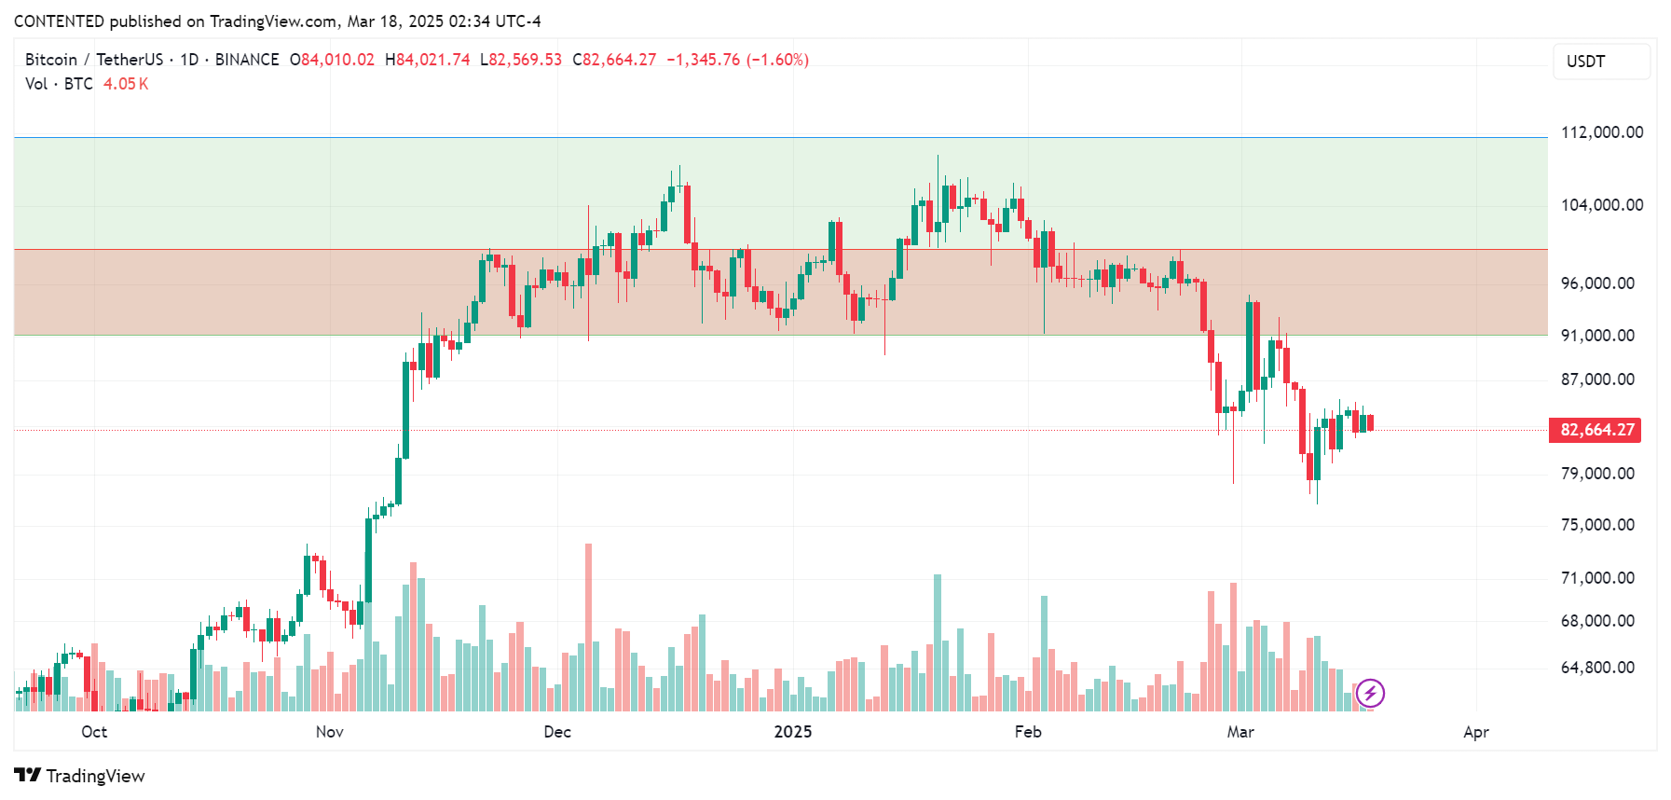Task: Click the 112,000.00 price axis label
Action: click(x=1601, y=132)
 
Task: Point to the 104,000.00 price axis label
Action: click(x=1601, y=205)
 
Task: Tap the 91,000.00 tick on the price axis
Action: click(x=1597, y=336)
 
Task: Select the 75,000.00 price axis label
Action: click(x=1597, y=525)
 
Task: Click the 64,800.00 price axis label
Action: click(x=1597, y=668)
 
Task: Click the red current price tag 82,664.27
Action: click(x=1596, y=430)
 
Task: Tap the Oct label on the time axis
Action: click(x=94, y=732)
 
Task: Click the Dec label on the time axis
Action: click(x=557, y=732)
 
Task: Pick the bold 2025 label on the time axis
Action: click(x=792, y=732)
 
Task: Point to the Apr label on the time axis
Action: click(x=1475, y=732)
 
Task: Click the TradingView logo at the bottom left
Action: click(x=79, y=776)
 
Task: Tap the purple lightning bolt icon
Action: click(x=1370, y=693)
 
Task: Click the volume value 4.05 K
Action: click(x=126, y=84)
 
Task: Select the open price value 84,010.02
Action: click(x=337, y=60)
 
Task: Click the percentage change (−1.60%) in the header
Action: click(x=777, y=60)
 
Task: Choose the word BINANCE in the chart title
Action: click(x=247, y=60)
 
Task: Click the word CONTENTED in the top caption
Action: click(x=59, y=21)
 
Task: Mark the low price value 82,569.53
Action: click(x=526, y=60)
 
